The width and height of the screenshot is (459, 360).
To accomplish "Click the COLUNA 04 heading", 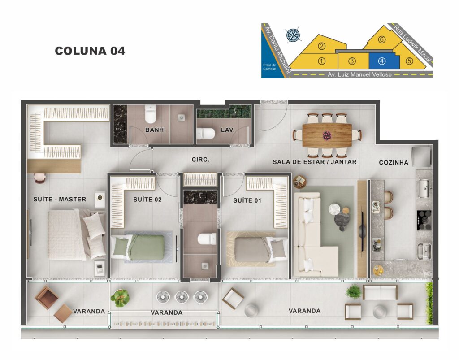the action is pos(90,51).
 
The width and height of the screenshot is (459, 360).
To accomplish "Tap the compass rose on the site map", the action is pos(292,35).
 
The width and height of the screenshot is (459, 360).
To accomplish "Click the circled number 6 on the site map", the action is pos(382,39).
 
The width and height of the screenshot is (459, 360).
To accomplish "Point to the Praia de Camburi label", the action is pos(269,67).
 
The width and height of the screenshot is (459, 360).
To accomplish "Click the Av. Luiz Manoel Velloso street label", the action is pos(359,74).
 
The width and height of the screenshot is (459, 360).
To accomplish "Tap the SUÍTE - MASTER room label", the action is pos(60,200).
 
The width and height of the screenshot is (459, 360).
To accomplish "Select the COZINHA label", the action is pos(394,162).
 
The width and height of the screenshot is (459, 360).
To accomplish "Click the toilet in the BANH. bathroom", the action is pos(151,114).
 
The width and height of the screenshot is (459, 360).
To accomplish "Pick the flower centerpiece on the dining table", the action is pos(327,135).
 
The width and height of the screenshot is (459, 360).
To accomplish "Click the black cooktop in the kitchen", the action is pos(424,220).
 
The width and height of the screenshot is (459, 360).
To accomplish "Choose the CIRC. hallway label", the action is pos(200,160).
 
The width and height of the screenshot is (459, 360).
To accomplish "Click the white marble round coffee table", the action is pos(334,209).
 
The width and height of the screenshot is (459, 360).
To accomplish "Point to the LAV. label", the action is pos(228,130).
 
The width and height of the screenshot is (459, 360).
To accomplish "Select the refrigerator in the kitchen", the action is pos(421,157).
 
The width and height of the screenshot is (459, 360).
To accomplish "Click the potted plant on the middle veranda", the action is pos(120,298).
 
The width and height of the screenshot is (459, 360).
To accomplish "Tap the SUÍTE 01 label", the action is pos(247,200).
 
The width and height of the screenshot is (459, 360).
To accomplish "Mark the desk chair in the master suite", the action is pos(39,178).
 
